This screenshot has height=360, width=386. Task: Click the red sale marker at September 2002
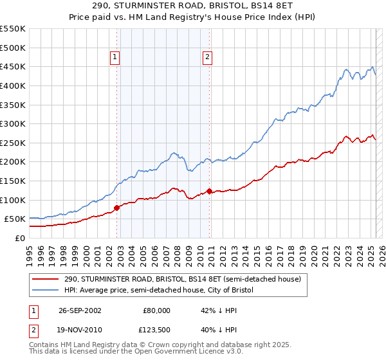[x=117, y=208]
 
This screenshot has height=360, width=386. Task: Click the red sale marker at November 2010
[x=210, y=191]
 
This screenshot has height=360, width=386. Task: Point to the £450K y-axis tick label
[x=13, y=66]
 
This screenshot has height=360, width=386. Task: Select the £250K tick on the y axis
[x=13, y=143]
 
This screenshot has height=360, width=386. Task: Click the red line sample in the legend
[x=45, y=280]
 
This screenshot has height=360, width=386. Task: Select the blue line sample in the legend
[x=45, y=291]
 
